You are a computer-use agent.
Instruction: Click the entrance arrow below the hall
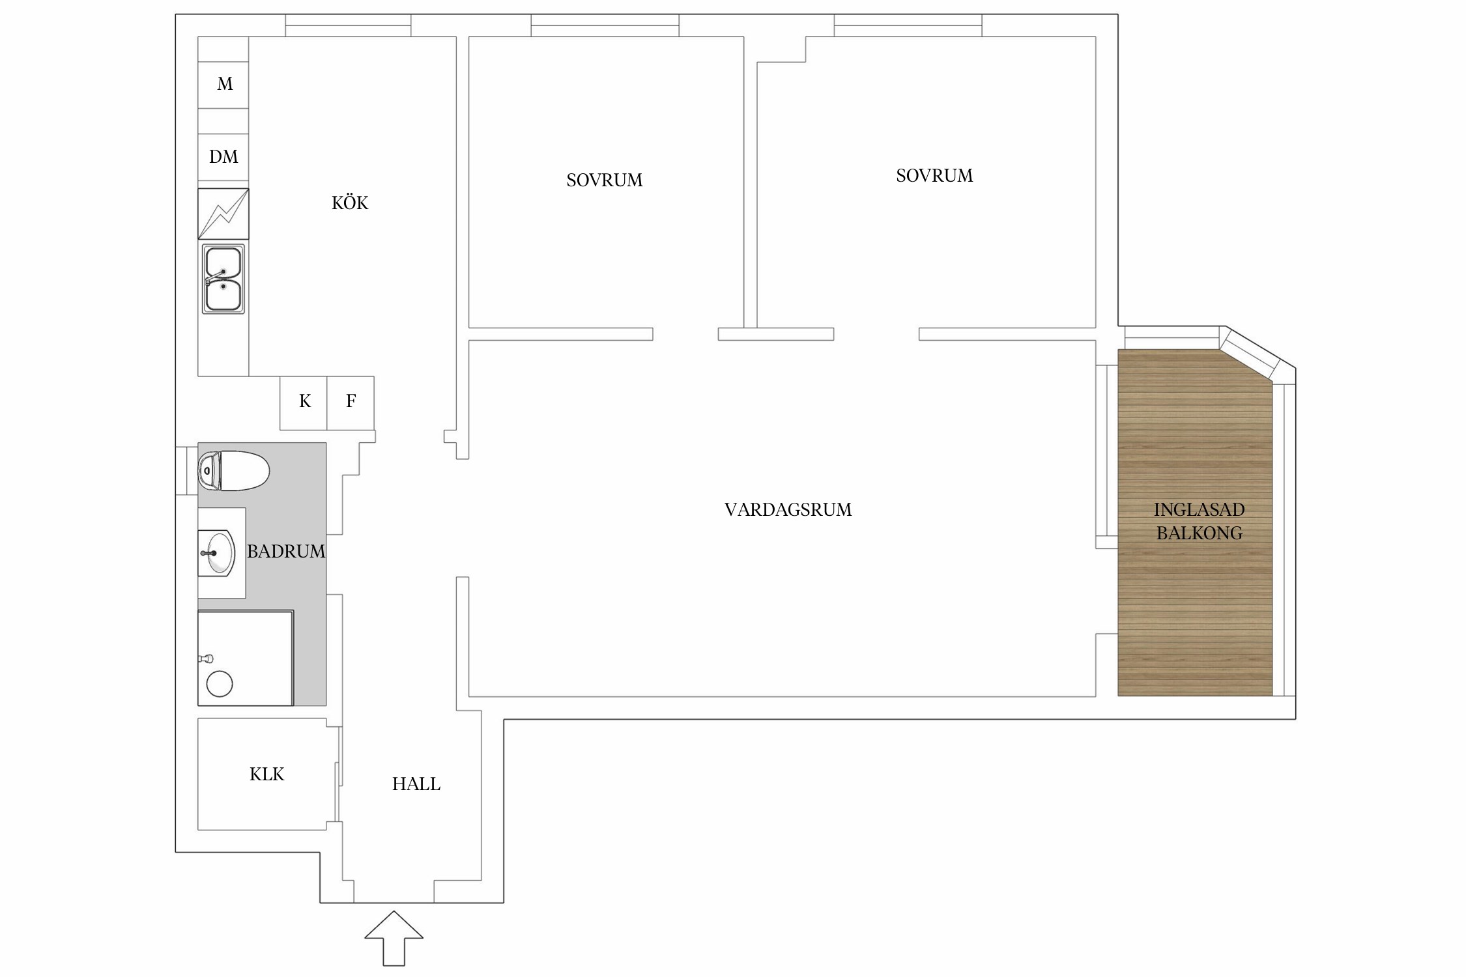(394, 938)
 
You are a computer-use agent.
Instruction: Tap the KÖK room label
(350, 203)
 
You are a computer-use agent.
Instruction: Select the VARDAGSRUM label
(788, 509)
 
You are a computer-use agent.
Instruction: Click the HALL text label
(416, 784)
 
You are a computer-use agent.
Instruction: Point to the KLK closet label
(267, 774)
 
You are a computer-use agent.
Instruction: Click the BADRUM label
(286, 551)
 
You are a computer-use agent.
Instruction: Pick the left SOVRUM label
(605, 180)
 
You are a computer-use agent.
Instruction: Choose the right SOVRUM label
(934, 175)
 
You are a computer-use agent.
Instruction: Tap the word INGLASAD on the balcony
(1199, 509)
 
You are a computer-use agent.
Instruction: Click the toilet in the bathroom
(233, 470)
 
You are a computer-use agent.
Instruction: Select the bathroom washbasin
(216, 553)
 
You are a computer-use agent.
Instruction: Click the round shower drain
(220, 683)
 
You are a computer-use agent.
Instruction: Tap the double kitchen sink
(223, 279)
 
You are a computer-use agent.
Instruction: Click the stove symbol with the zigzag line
(223, 214)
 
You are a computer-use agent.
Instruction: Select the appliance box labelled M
(223, 85)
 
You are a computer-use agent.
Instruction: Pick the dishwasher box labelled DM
(223, 157)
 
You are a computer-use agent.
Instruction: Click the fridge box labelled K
(304, 403)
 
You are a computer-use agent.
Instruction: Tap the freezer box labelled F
(351, 403)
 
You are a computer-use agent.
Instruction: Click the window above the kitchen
(348, 25)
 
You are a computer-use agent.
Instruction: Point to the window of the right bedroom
(908, 25)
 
